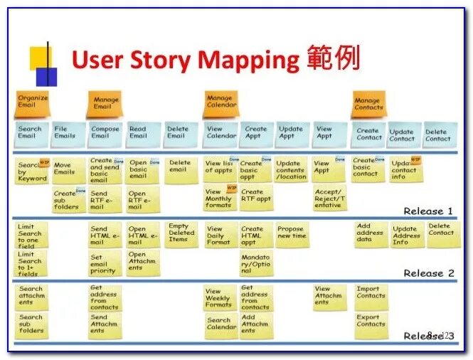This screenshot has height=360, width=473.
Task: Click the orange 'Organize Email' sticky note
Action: coord(33,102)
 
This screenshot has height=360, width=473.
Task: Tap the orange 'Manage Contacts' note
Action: coord(368,105)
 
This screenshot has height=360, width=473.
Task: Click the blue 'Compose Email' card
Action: coord(105,133)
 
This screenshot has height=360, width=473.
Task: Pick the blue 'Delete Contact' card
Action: coord(438,134)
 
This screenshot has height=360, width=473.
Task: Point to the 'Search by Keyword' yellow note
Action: coord(32,171)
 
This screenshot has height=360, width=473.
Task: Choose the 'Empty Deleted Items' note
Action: coord(181,233)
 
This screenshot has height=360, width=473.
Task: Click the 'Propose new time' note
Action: coord(292,233)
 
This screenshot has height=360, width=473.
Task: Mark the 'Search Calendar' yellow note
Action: coord(220,324)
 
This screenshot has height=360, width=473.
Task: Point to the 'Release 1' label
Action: coord(428,211)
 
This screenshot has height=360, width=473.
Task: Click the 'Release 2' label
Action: coord(428,273)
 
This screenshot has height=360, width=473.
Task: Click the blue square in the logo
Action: coord(46,76)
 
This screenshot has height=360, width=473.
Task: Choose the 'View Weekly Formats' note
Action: coord(218,297)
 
